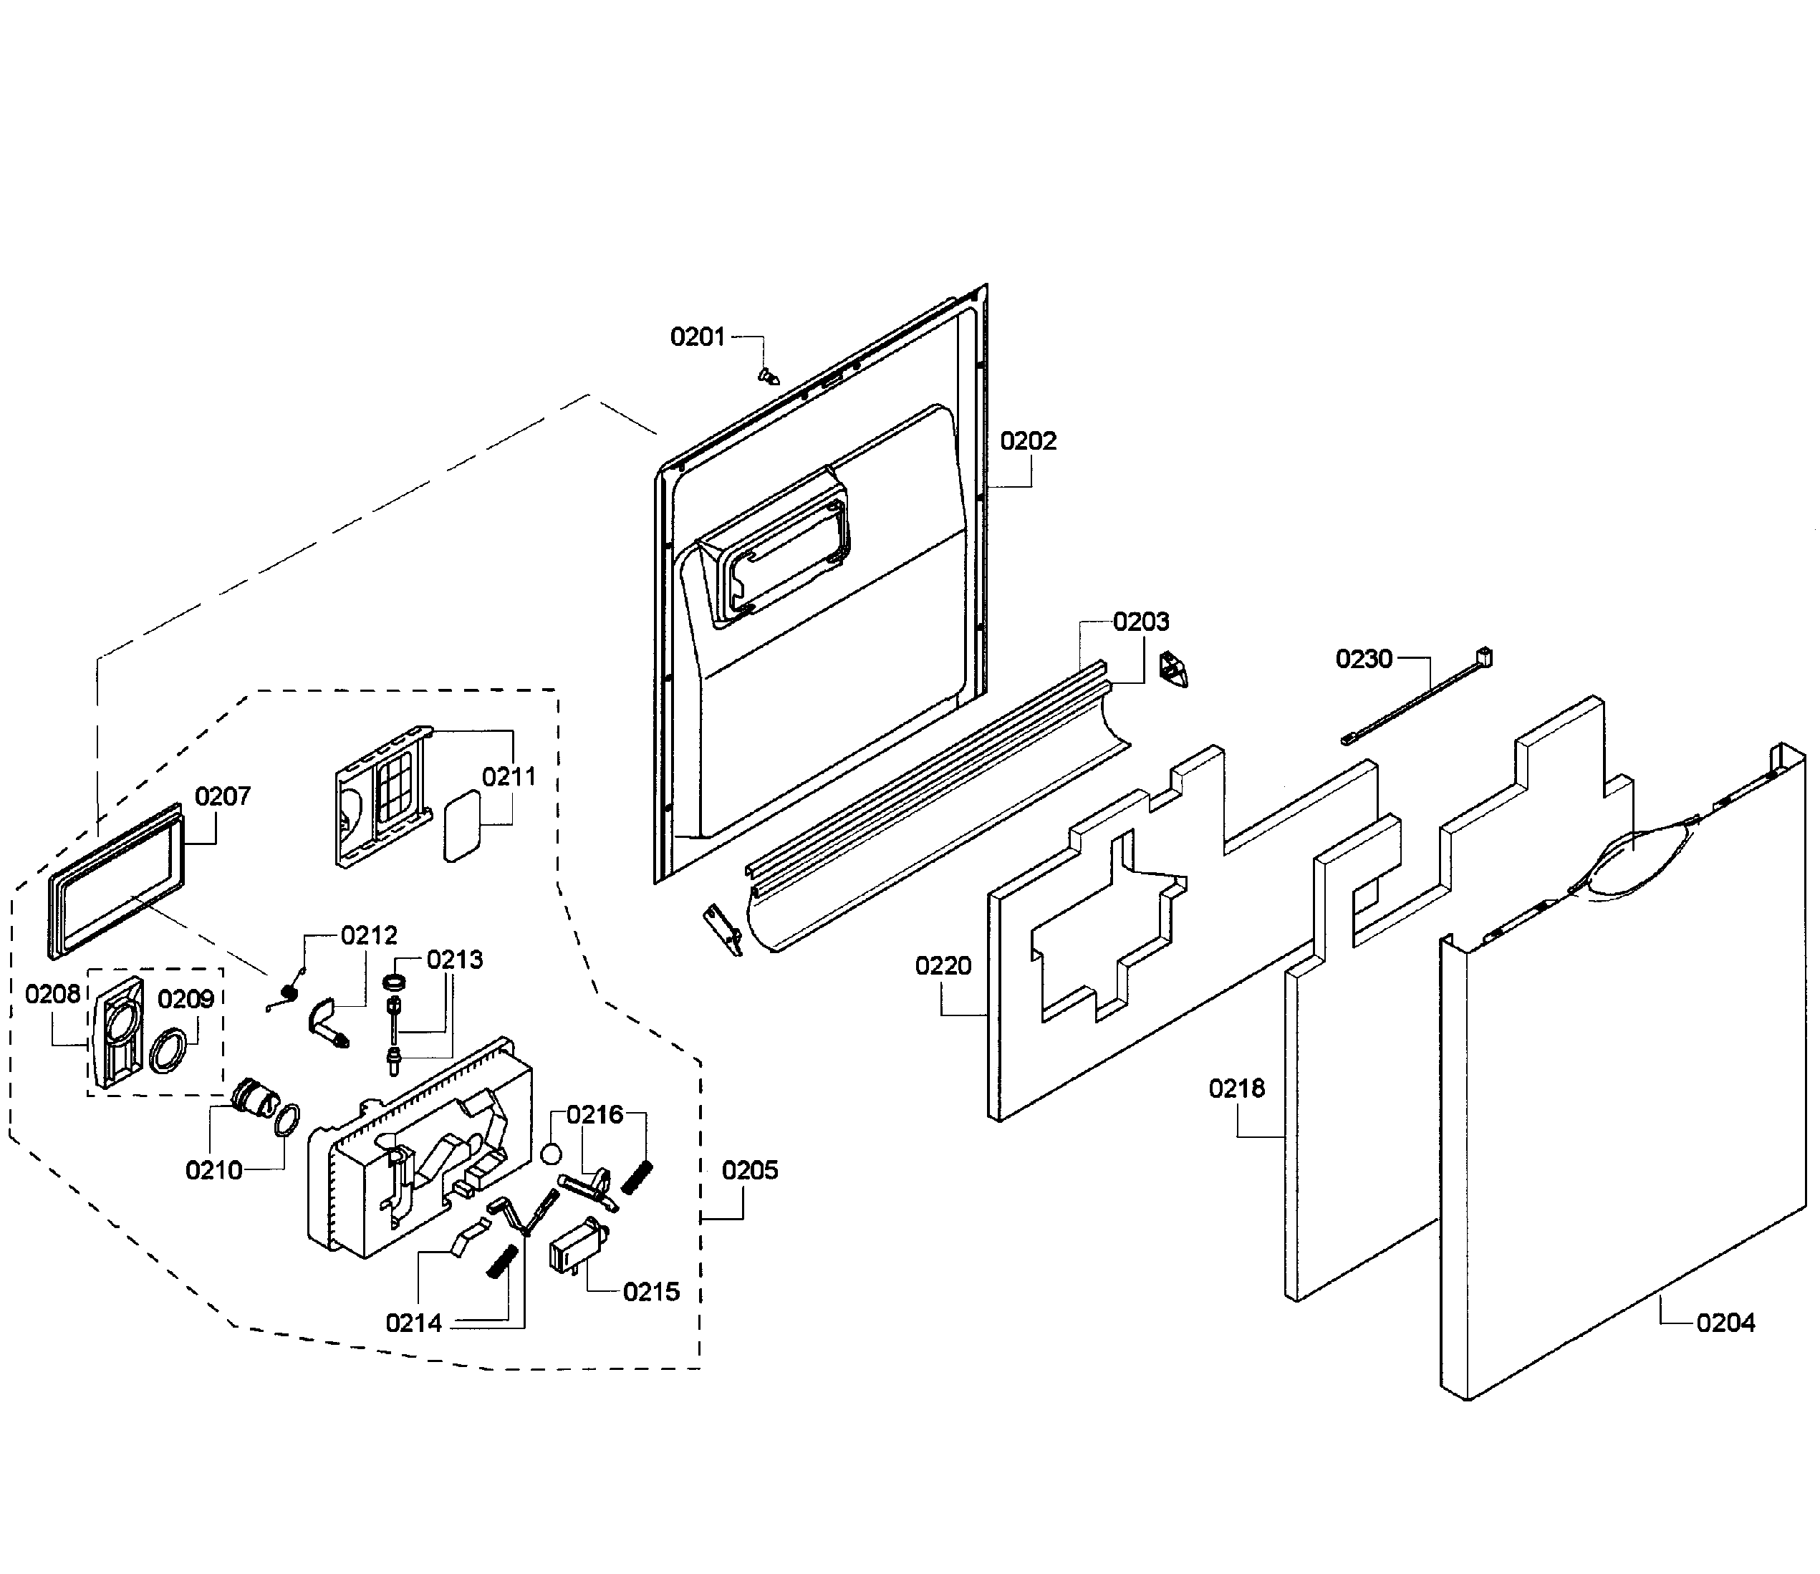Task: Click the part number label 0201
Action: coord(698,337)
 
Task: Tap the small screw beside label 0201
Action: coord(769,376)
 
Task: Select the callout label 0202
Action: coord(1028,441)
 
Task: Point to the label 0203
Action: coord(1141,622)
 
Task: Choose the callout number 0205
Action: coord(749,1170)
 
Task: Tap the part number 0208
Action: coord(53,994)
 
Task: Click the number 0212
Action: coord(369,935)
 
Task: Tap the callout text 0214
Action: coord(414,1323)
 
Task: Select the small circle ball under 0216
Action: coord(551,1153)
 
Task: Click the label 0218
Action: coord(1236,1088)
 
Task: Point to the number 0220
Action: coord(943,966)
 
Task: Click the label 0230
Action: coord(1363,659)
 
